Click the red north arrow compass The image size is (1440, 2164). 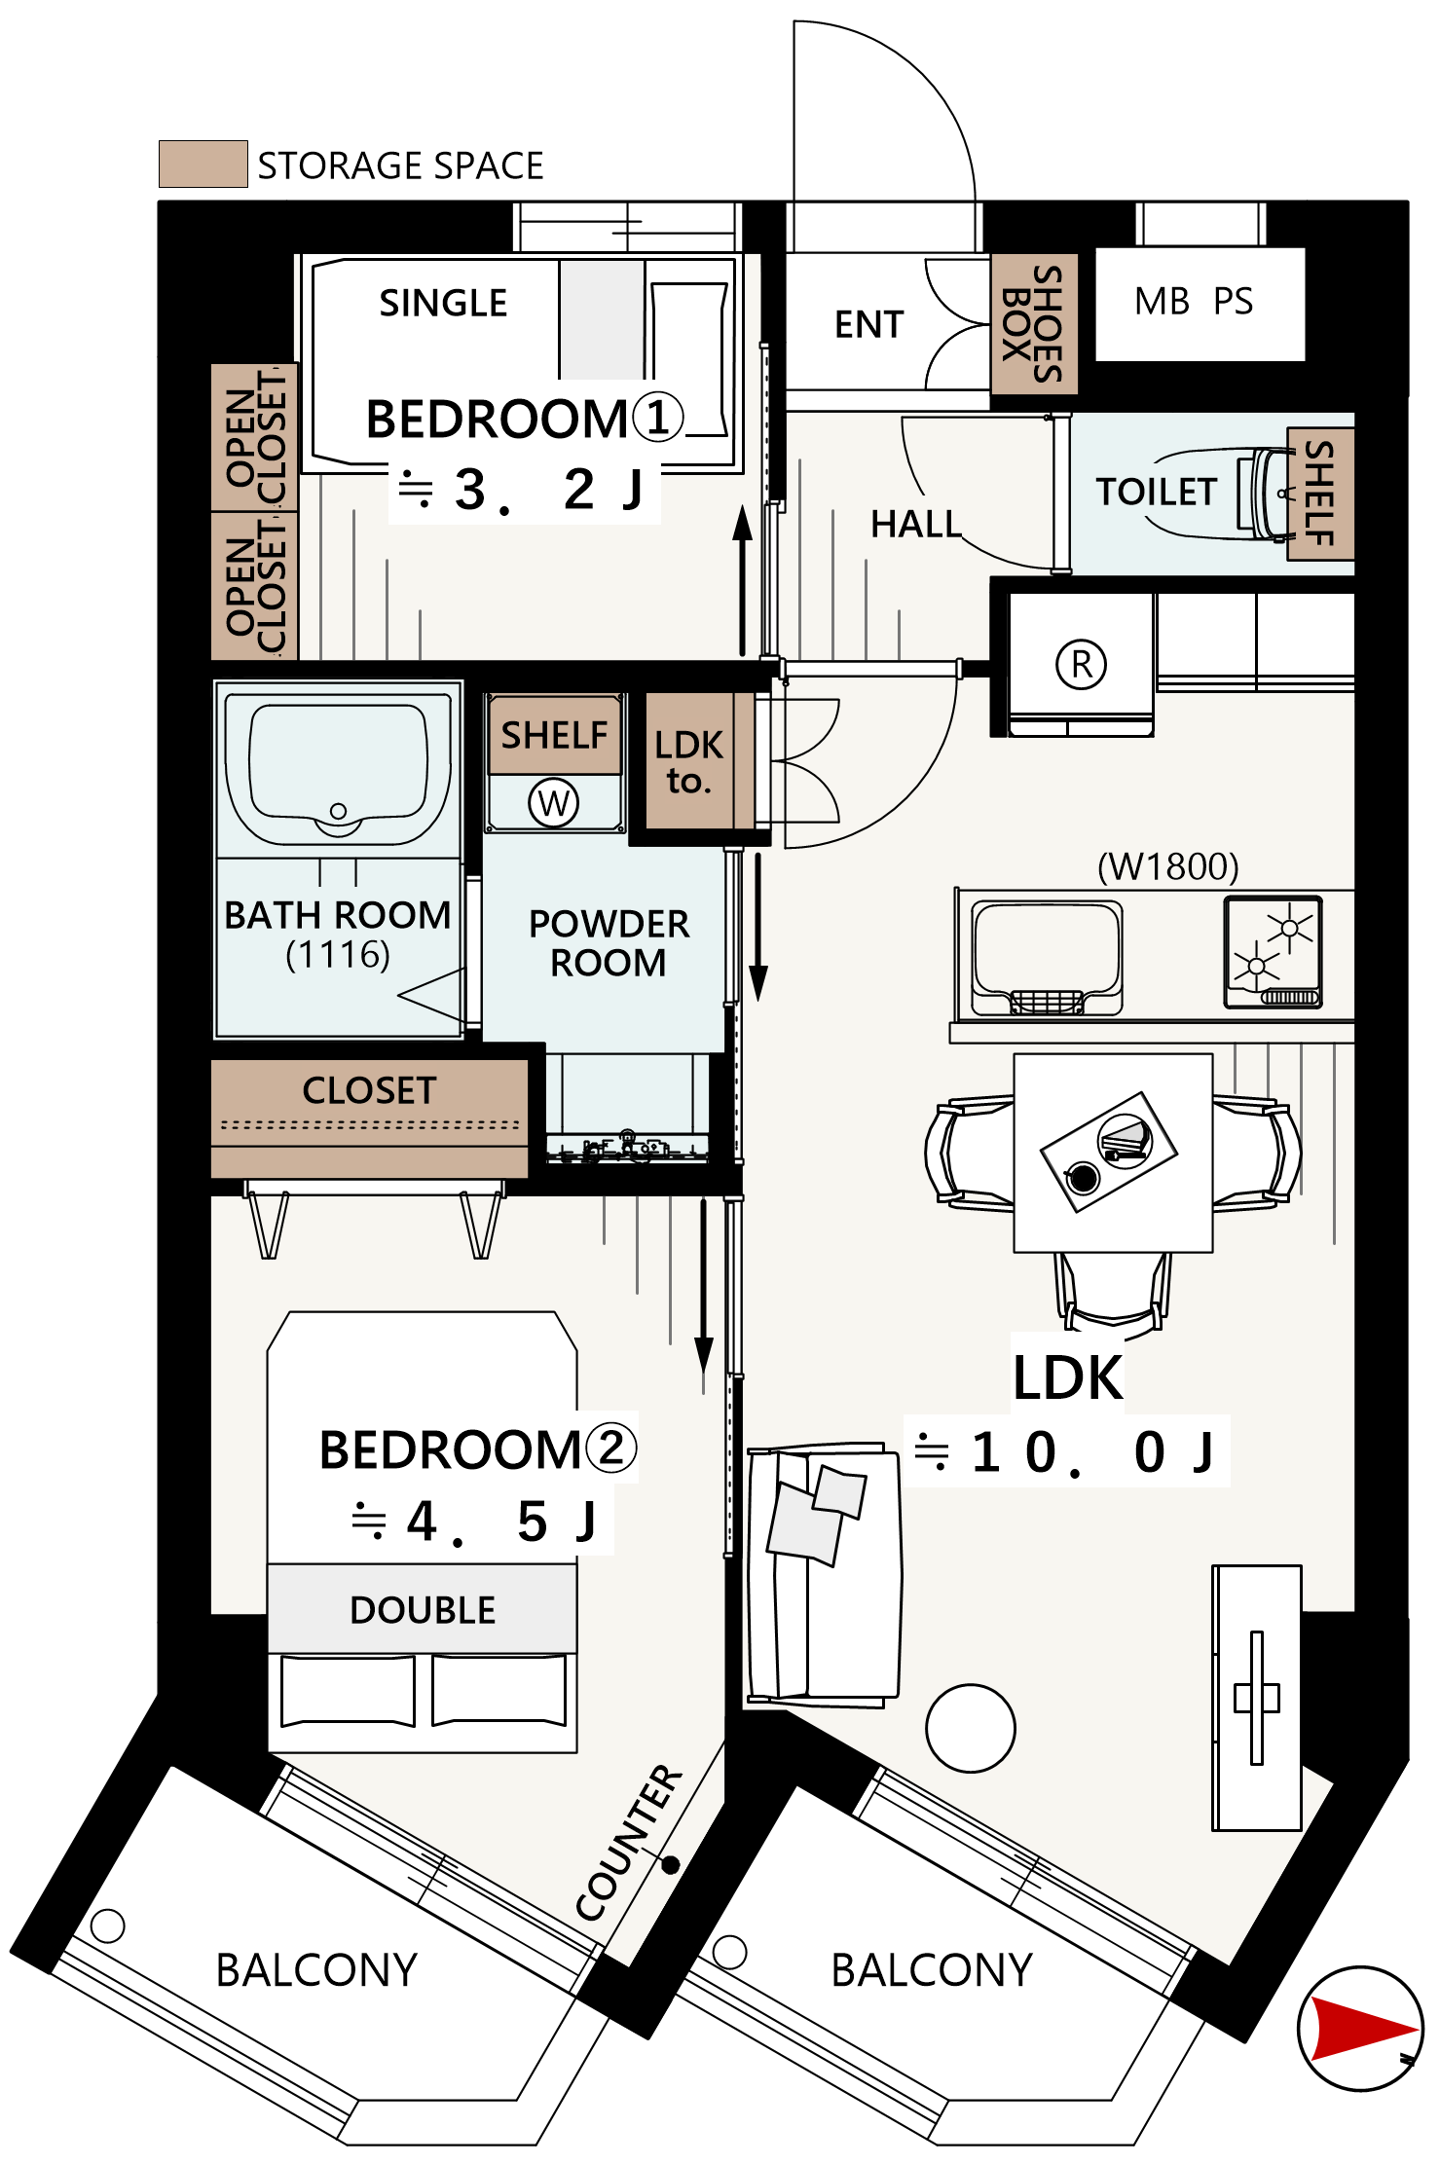(1360, 2029)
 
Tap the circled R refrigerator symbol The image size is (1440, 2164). (1081, 665)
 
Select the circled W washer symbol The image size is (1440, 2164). (553, 803)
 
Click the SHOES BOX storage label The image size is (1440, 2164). (1034, 324)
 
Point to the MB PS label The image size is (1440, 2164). (1194, 302)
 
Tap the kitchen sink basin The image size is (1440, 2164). (1048, 958)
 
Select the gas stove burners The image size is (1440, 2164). (1274, 951)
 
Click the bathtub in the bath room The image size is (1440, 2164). (338, 769)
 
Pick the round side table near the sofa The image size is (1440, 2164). (971, 1728)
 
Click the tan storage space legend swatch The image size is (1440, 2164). (203, 164)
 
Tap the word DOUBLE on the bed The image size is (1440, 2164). (423, 1610)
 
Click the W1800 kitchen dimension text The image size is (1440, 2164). (1168, 865)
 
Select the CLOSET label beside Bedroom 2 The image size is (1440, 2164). (369, 1090)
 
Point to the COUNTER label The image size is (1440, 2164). (629, 1842)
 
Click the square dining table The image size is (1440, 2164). (1113, 1153)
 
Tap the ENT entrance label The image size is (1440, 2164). (868, 324)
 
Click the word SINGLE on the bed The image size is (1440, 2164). (443, 303)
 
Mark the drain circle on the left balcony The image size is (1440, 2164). (107, 1925)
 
